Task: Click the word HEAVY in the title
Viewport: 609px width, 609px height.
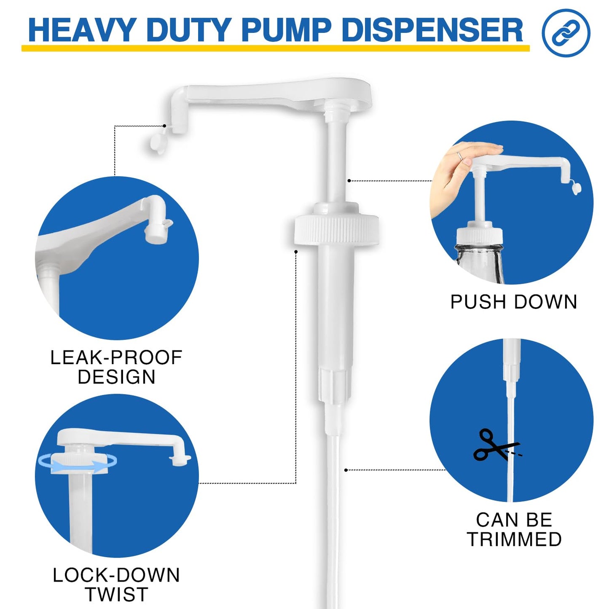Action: pyautogui.click(x=80, y=30)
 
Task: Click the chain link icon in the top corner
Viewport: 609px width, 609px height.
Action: pyautogui.click(x=566, y=33)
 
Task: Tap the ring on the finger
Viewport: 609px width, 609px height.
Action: pyautogui.click(x=461, y=156)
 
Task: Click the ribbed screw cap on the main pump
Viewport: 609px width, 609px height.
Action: pyautogui.click(x=336, y=230)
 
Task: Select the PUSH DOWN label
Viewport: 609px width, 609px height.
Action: pyautogui.click(x=513, y=302)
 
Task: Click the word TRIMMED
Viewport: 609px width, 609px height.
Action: pyautogui.click(x=514, y=539)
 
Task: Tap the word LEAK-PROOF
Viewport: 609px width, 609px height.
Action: pyautogui.click(x=116, y=358)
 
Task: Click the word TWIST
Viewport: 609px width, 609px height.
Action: pyautogui.click(x=116, y=595)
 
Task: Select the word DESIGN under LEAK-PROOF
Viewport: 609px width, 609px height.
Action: pyautogui.click(x=116, y=377)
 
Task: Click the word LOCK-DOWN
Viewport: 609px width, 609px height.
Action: pyautogui.click(x=116, y=575)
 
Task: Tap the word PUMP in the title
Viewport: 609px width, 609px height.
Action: pyautogui.click(x=286, y=30)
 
